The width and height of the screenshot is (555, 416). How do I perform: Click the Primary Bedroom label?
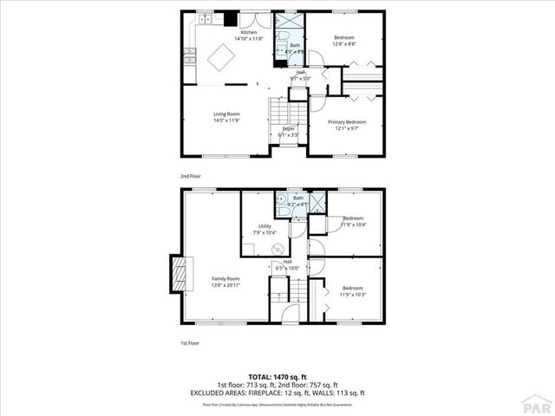coord(345,121)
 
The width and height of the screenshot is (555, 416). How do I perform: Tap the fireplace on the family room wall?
coord(178,276)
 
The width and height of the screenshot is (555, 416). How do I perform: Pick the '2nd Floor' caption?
coord(190,176)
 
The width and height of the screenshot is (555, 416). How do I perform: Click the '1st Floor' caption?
coord(190,343)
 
